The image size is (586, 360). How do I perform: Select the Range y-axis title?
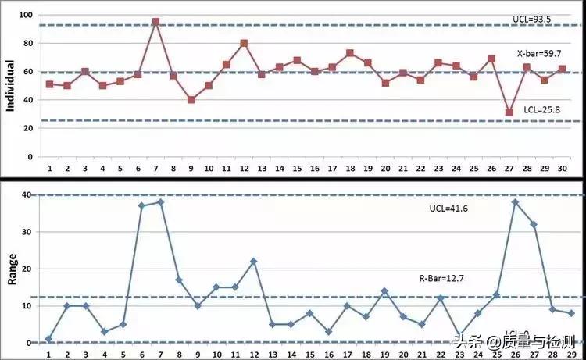pyautogui.click(x=11, y=266)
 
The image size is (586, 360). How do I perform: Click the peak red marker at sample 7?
pyautogui.click(x=155, y=22)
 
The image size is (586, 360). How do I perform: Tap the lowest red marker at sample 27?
pyautogui.click(x=509, y=112)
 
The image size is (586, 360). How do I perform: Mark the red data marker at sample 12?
pyautogui.click(x=244, y=43)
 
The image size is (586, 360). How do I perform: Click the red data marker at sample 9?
pyautogui.click(x=191, y=100)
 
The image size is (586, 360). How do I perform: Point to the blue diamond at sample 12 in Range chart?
pyautogui.click(x=253, y=261)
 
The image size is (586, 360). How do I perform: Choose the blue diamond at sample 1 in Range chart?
pyautogui.click(x=49, y=339)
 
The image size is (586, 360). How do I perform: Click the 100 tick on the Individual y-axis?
pyautogui.click(x=25, y=16)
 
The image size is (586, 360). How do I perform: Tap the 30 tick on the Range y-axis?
pyautogui.click(x=27, y=232)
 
